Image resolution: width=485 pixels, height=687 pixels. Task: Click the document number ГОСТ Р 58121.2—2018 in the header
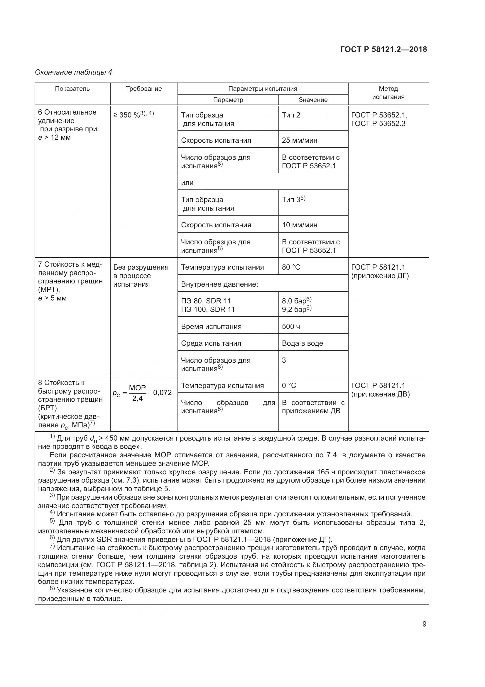(383, 49)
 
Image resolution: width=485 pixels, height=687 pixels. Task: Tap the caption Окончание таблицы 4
(74, 72)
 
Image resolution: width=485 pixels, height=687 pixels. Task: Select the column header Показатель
(72, 89)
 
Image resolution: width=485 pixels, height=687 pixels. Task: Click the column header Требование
(144, 89)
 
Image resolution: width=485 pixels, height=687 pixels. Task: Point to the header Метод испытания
(388, 93)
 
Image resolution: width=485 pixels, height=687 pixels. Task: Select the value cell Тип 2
(291, 115)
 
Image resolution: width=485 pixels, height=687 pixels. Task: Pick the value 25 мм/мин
(300, 140)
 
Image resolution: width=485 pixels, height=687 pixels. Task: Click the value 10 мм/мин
(300, 225)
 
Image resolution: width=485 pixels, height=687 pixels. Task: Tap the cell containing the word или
(187, 182)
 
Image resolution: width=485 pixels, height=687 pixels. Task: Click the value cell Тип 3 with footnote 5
(293, 199)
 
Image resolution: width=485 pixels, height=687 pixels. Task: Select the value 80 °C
(291, 267)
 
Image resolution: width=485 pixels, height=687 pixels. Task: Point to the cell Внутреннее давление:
(219, 284)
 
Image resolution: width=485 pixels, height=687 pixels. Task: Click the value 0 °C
(289, 385)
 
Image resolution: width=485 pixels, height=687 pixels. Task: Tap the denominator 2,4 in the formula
(138, 399)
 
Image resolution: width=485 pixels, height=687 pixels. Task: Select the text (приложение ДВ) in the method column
(381, 394)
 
